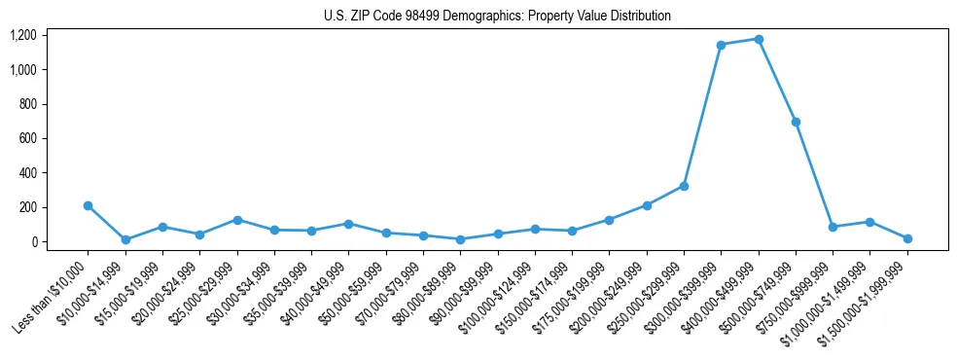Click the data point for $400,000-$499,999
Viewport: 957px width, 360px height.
pyautogui.click(x=758, y=40)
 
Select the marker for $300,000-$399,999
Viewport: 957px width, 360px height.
pyautogui.click(x=721, y=45)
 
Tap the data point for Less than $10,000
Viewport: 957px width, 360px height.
pyautogui.click(x=88, y=205)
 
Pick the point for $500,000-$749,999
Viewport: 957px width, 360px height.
pyautogui.click(x=796, y=122)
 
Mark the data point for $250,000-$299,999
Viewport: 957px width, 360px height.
pyautogui.click(x=684, y=186)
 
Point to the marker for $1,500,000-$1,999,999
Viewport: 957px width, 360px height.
pyautogui.click(x=906, y=238)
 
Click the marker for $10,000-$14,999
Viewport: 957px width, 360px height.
pyautogui.click(x=125, y=239)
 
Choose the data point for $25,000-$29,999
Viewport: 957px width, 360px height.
pyautogui.click(x=236, y=220)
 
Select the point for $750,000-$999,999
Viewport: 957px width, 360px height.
pyautogui.click(x=833, y=227)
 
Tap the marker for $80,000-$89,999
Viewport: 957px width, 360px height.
pyautogui.click(x=460, y=239)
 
